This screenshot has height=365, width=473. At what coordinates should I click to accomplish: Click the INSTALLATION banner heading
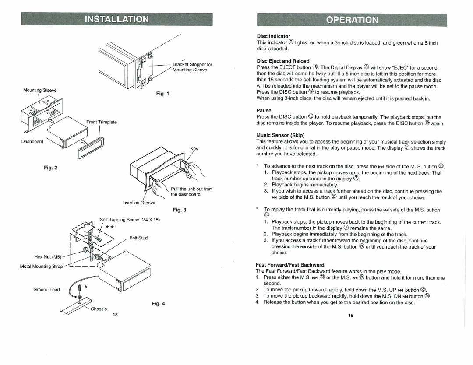pyautogui.click(x=116, y=19)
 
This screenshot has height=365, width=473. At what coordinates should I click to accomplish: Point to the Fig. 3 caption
pyautogui.click(x=179, y=210)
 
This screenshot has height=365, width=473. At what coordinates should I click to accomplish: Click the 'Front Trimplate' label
pyautogui.click(x=102, y=122)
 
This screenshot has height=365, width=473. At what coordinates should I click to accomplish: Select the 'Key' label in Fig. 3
pyautogui.click(x=194, y=149)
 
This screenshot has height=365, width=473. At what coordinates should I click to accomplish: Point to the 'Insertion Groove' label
pyautogui.click(x=139, y=203)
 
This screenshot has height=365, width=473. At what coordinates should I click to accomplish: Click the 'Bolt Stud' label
pyautogui.click(x=138, y=238)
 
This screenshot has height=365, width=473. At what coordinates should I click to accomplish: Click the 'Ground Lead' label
pyautogui.click(x=47, y=289)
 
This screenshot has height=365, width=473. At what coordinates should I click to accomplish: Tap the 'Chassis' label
pyautogui.click(x=99, y=309)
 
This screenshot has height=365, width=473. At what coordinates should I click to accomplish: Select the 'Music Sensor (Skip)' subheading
pyautogui.click(x=280, y=135)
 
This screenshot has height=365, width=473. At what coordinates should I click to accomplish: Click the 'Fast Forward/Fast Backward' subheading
pyautogui.click(x=290, y=265)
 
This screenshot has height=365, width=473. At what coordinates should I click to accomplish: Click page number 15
pyautogui.click(x=350, y=316)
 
